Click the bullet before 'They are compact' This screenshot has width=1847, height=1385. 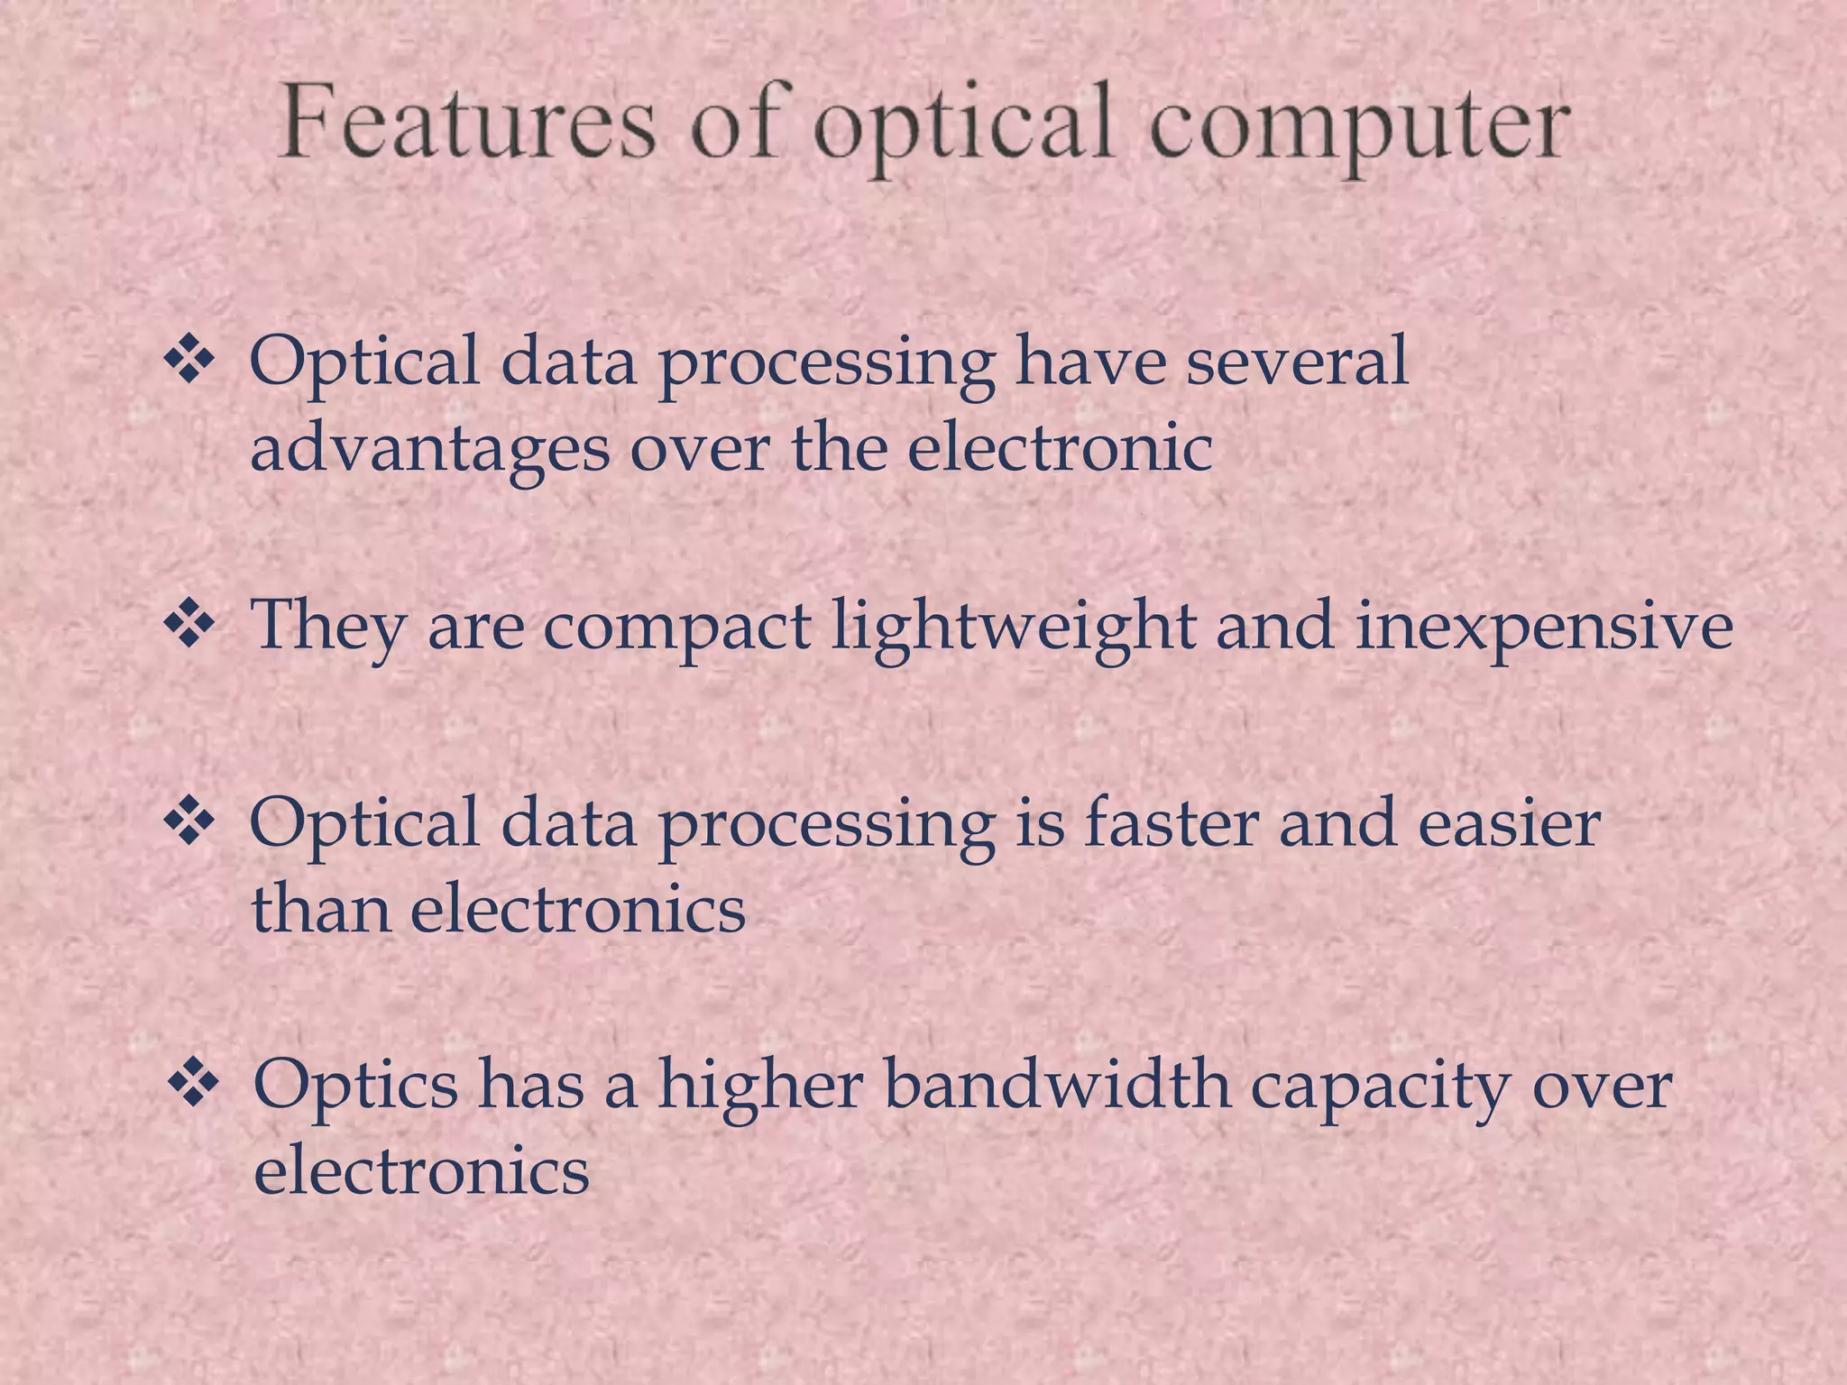pos(188,625)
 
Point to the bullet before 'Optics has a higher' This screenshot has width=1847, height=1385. pos(193,1082)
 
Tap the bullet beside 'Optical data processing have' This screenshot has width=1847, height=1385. pos(188,362)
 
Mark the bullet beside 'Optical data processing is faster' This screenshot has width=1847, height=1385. pos(188,822)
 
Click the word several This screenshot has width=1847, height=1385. pos(1296,362)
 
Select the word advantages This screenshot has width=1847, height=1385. pos(429,448)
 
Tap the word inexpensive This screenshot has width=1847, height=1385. pos(1544,626)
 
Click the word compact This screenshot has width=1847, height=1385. pos(676,626)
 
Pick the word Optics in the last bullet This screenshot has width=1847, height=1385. pos(355,1083)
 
